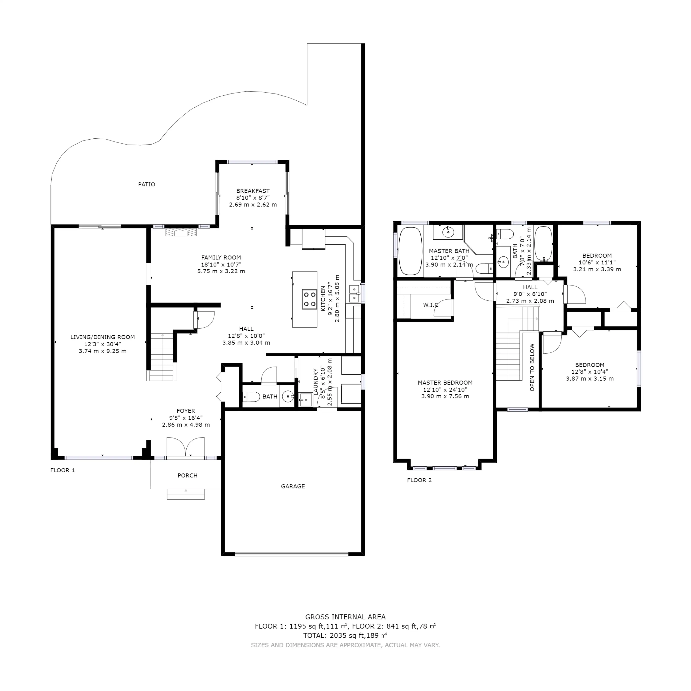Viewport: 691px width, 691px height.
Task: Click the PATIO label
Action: tap(147, 185)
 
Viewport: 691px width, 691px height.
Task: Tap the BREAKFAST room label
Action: tap(253, 191)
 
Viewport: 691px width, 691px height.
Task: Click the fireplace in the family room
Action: tap(181, 233)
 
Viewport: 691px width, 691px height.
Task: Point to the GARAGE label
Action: tap(293, 486)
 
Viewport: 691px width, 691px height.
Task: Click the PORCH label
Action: tap(187, 476)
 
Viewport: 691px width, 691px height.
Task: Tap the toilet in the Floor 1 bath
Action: tap(251, 397)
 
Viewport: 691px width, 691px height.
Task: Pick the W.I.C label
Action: tap(431, 305)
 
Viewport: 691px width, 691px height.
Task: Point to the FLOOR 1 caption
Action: tap(63, 470)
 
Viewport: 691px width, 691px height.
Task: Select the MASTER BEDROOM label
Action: tap(445, 383)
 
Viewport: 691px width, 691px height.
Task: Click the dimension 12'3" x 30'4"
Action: tap(103, 344)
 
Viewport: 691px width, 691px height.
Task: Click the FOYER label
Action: tap(186, 411)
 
